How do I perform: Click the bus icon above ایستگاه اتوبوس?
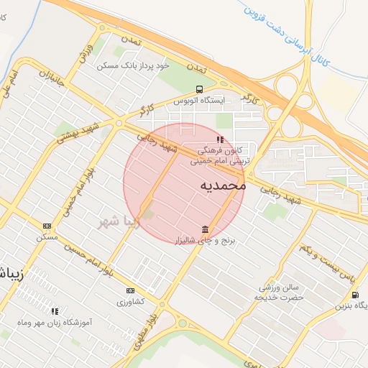click(x=198, y=89)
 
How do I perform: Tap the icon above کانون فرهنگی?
click(x=219, y=140)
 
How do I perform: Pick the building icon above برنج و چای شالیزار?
click(x=206, y=230)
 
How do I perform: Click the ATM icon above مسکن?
click(x=47, y=226)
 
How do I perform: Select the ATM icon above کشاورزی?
click(x=130, y=290)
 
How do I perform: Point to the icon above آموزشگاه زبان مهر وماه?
click(x=55, y=311)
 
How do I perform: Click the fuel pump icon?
click(x=355, y=295)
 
